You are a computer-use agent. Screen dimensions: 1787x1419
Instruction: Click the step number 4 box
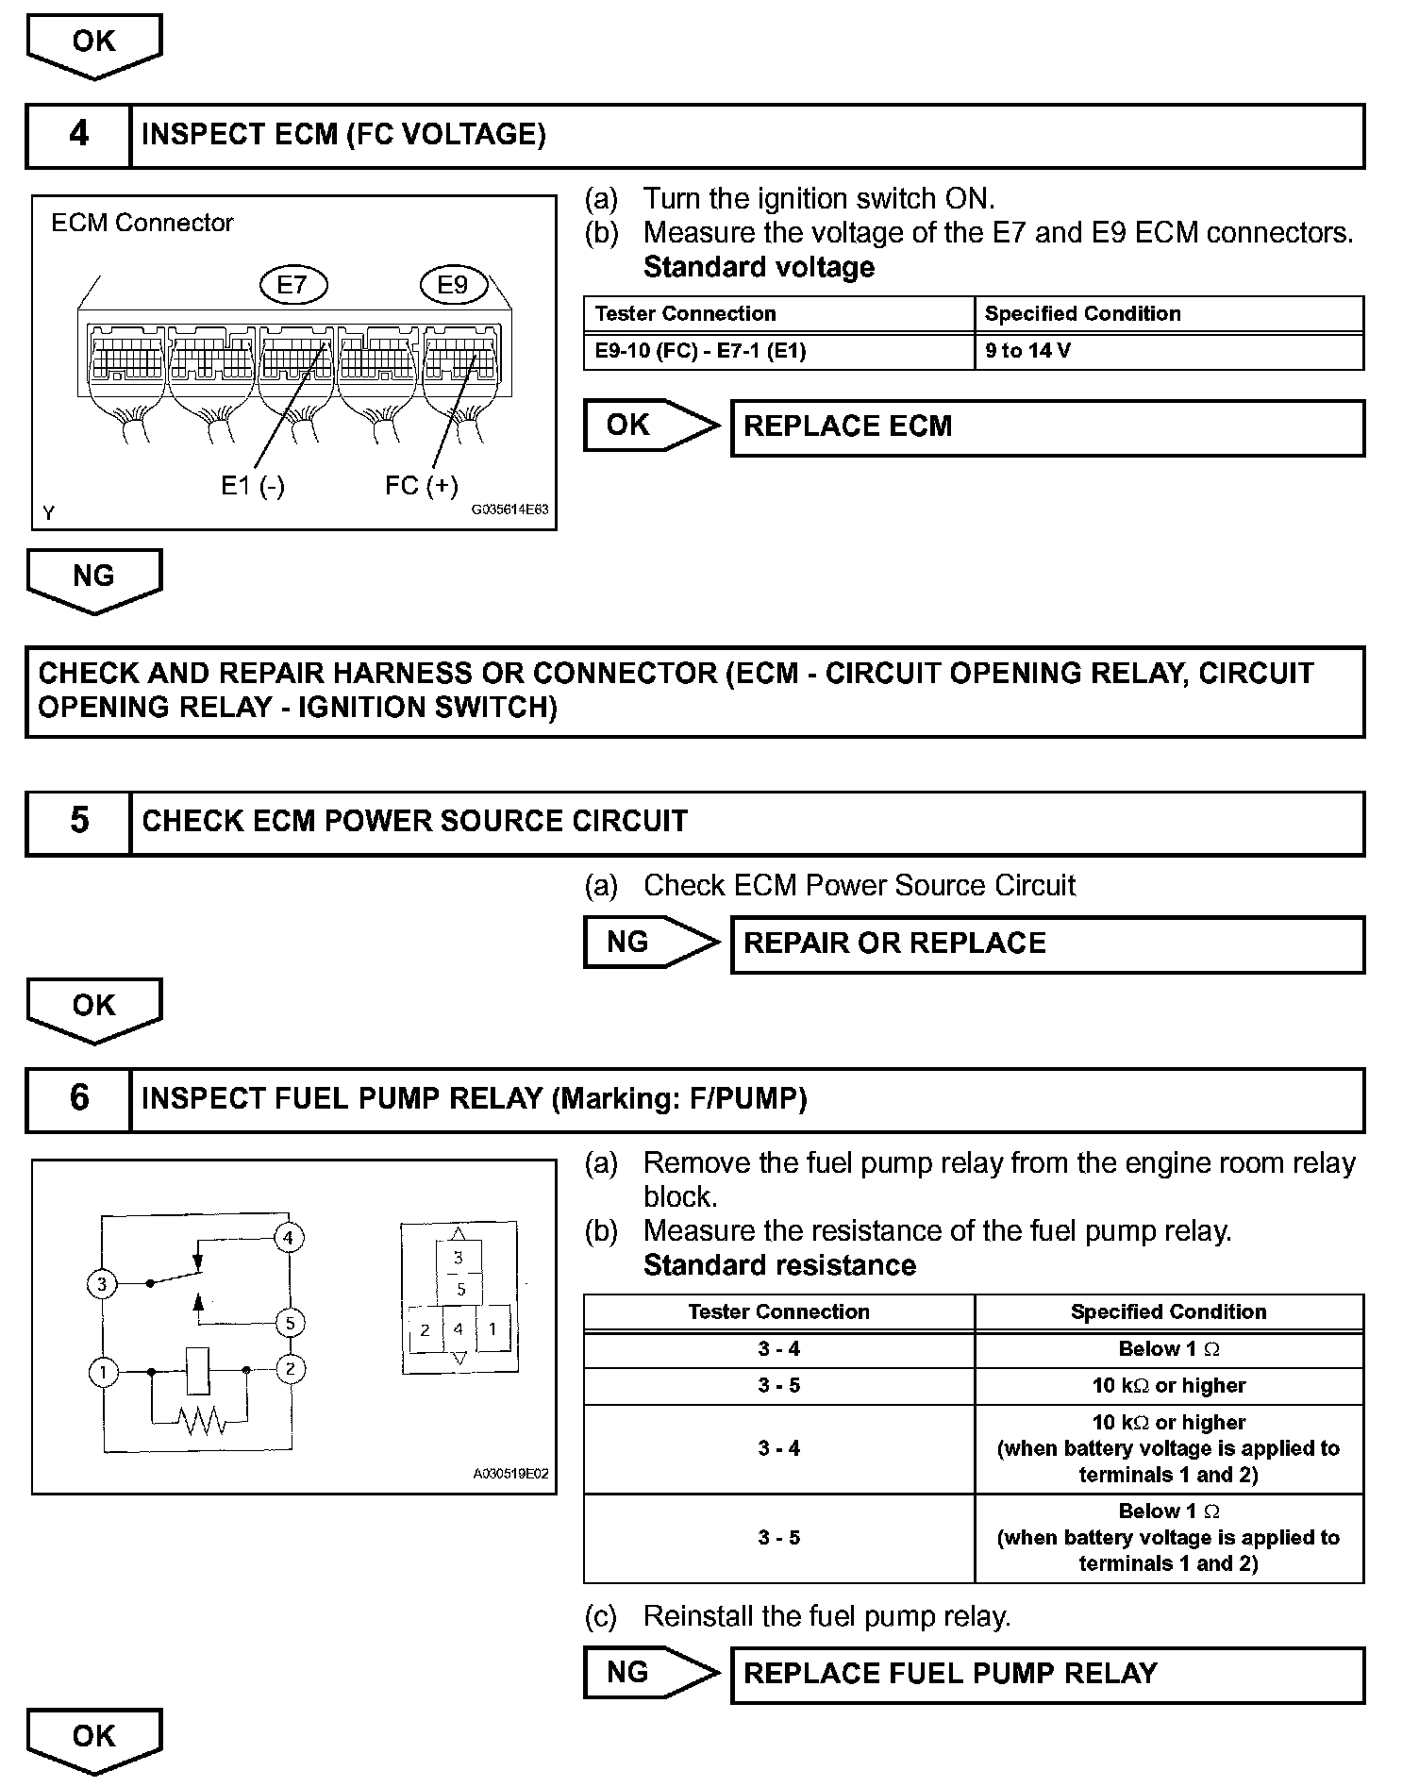pyautogui.click(x=78, y=136)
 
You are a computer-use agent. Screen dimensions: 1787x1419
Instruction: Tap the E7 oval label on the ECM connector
pyautogui.click(x=292, y=285)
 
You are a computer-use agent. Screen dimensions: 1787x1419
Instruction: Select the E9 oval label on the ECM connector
pyautogui.click(x=453, y=285)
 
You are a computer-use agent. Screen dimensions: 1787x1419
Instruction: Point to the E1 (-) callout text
pyautogui.click(x=252, y=486)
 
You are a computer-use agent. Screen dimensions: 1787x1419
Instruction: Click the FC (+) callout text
pyautogui.click(x=421, y=486)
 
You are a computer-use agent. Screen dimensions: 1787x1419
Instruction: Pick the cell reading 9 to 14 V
pyautogui.click(x=1168, y=351)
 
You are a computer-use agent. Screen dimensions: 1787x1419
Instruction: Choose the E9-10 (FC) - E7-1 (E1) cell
pyautogui.click(x=778, y=351)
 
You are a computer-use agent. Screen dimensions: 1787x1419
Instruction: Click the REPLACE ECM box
pyautogui.click(x=1047, y=427)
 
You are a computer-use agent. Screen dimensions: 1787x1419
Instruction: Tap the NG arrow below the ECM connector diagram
pyautogui.click(x=94, y=578)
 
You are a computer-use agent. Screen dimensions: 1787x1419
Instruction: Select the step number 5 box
pyautogui.click(x=78, y=822)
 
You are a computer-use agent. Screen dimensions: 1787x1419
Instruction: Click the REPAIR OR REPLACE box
pyautogui.click(x=1047, y=944)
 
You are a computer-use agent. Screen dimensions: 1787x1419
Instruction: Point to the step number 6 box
pyautogui.click(x=78, y=1099)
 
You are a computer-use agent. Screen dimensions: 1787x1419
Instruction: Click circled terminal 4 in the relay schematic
pyautogui.click(x=289, y=1237)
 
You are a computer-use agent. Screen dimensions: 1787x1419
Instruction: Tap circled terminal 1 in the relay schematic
pyautogui.click(x=103, y=1371)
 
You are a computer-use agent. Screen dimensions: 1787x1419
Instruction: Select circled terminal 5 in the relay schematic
pyautogui.click(x=290, y=1323)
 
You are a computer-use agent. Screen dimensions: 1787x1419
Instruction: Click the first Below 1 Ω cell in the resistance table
pyautogui.click(x=1168, y=1349)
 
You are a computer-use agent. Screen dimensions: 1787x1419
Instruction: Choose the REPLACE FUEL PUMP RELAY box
pyautogui.click(x=1047, y=1674)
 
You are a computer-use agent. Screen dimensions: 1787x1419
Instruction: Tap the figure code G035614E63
pyautogui.click(x=509, y=509)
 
